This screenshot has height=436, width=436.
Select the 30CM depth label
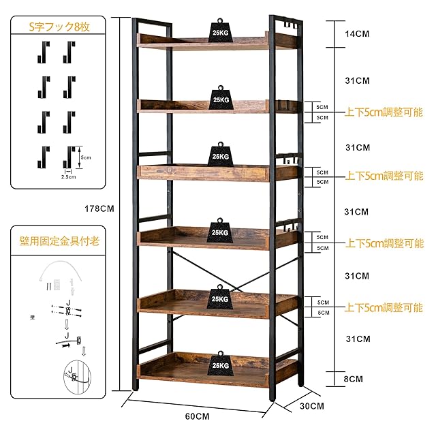point(313,406)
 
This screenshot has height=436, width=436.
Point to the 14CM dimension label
point(357,33)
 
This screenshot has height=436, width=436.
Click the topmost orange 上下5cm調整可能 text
point(384,113)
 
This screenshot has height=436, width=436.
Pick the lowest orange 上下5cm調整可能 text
point(384,308)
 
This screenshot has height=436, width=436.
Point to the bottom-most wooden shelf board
point(218,372)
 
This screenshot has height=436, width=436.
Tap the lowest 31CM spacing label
point(357,339)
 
